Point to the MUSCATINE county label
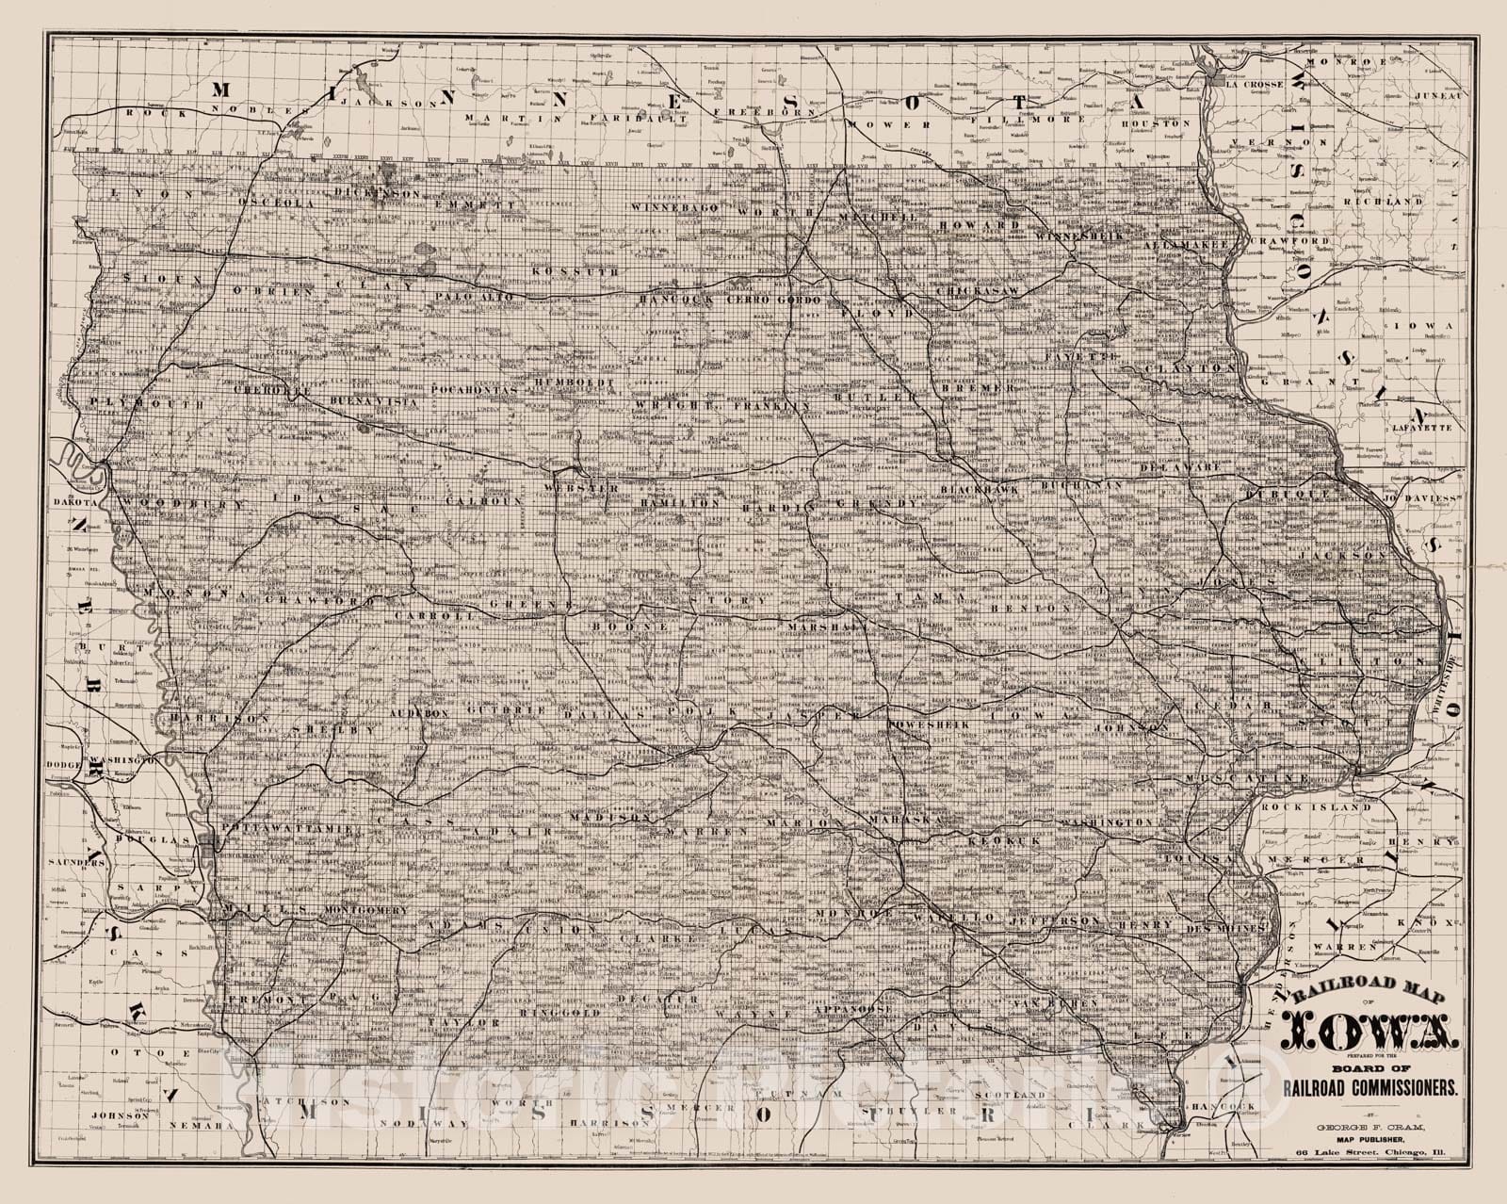(x=1261, y=779)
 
